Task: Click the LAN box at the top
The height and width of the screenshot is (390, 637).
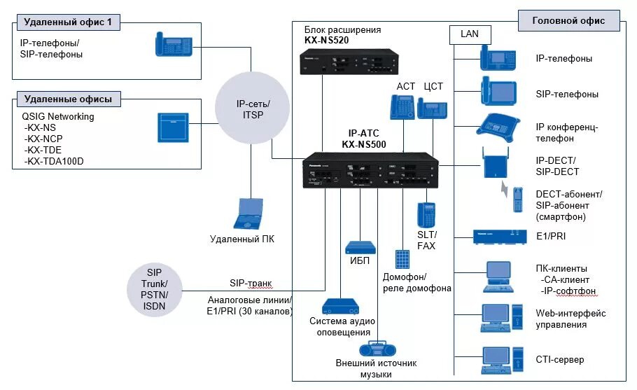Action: click(470, 34)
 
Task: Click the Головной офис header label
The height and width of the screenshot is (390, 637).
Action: click(568, 20)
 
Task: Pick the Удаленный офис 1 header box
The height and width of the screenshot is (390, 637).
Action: click(67, 23)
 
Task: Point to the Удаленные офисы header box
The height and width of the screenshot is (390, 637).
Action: click(67, 99)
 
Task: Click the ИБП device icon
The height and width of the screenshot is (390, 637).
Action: click(360, 248)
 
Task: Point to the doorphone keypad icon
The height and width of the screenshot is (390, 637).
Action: click(402, 258)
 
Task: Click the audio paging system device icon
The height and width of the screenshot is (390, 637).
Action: click(341, 306)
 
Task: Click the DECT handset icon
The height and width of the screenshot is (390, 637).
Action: click(518, 200)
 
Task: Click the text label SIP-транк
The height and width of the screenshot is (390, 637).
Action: click(251, 284)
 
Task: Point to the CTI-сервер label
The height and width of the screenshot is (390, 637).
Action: click(559, 360)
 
